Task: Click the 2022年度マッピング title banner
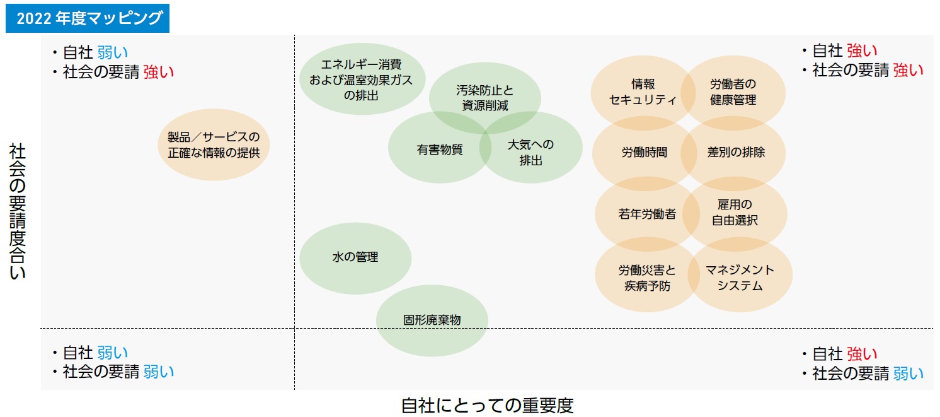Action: tap(87, 19)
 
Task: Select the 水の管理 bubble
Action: tap(355, 257)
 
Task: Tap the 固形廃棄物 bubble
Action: tap(432, 320)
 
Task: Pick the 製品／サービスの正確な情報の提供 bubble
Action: tap(213, 145)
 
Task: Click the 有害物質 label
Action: tap(439, 150)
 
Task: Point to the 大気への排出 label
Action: tap(530, 152)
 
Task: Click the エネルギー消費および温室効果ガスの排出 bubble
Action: tap(361, 79)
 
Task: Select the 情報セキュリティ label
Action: tap(643, 92)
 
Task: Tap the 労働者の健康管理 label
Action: tap(733, 92)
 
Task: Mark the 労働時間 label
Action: tap(644, 152)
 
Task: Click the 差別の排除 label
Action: tap(736, 152)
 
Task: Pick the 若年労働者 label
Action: tap(646, 214)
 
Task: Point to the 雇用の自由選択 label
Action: tap(735, 213)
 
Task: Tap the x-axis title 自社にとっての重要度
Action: tap(487, 404)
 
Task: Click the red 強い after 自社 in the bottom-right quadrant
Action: tap(861, 354)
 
